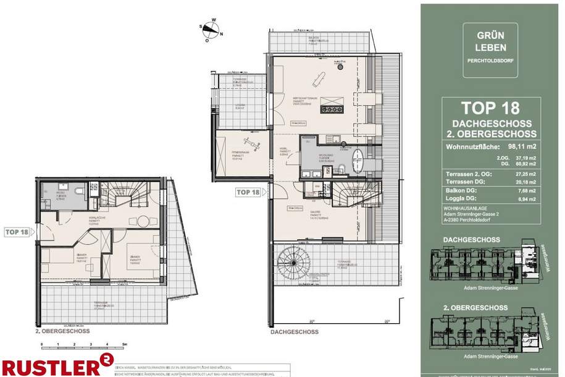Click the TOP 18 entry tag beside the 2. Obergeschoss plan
pos(17,232)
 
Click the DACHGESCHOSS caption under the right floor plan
pos(295,332)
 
